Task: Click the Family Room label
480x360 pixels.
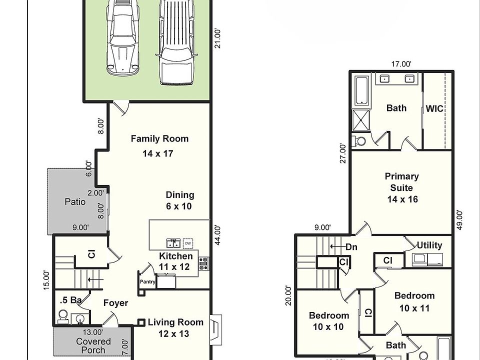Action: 159,139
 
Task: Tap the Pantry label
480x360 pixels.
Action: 147,282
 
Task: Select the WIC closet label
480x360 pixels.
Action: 434,108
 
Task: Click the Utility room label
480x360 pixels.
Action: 429,245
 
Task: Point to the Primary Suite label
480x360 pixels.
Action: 401,182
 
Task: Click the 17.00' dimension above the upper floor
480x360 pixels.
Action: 401,64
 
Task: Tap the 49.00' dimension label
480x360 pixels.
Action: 459,220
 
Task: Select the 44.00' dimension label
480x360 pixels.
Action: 217,235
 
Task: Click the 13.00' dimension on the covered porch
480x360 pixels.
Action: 93,332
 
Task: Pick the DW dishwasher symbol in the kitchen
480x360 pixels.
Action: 188,243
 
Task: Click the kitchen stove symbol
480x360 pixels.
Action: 203,263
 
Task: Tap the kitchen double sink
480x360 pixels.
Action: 173,243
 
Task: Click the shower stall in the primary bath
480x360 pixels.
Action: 361,119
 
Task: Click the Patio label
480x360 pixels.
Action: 75,201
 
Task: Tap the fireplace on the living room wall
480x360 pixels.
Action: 215,329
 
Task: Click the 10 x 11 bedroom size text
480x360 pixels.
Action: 414,308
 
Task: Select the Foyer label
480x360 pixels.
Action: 115,303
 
